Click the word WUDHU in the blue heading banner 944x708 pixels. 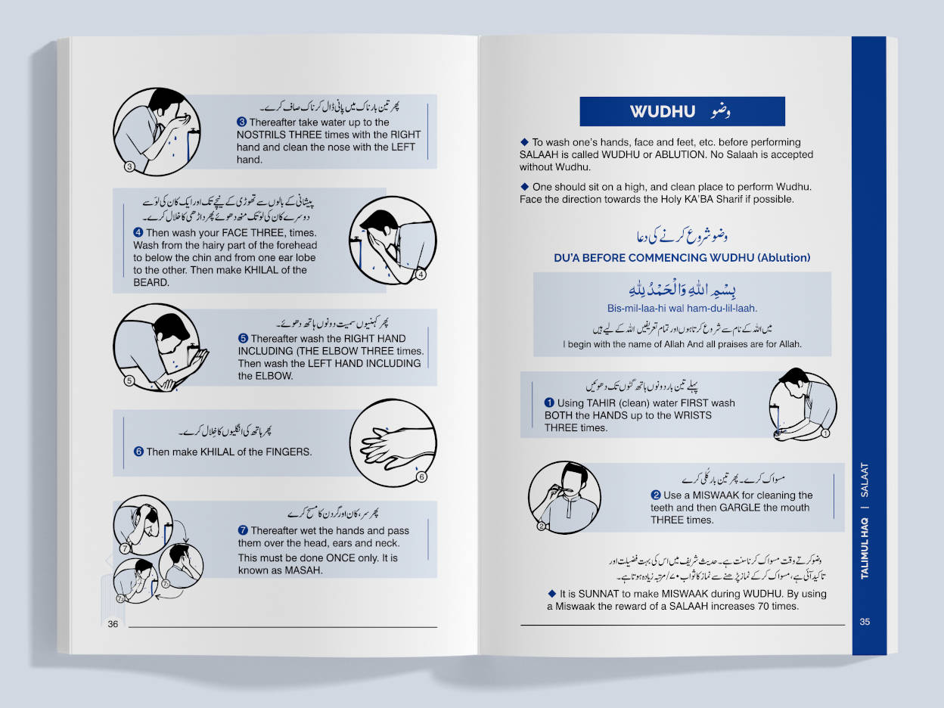pyautogui.click(x=663, y=112)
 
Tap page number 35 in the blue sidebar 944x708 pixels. pyautogui.click(x=865, y=622)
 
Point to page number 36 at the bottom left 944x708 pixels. pyautogui.click(x=113, y=624)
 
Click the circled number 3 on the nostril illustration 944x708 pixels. pyautogui.click(x=129, y=166)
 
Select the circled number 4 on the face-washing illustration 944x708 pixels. pyautogui.click(x=422, y=275)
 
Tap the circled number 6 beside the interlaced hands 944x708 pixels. pyautogui.click(x=422, y=477)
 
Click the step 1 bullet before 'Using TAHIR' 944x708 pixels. pyautogui.click(x=550, y=403)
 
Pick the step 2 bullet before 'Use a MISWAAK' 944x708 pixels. pyautogui.click(x=656, y=495)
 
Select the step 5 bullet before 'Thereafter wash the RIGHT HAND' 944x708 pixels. pyautogui.click(x=243, y=339)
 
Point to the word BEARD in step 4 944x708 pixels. pyautogui.click(x=150, y=283)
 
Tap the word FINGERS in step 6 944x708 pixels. pyautogui.click(x=287, y=452)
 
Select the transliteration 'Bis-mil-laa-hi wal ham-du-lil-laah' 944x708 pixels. pyautogui.click(x=682, y=309)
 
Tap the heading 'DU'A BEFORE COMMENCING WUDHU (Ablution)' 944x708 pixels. pyautogui.click(x=682, y=258)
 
